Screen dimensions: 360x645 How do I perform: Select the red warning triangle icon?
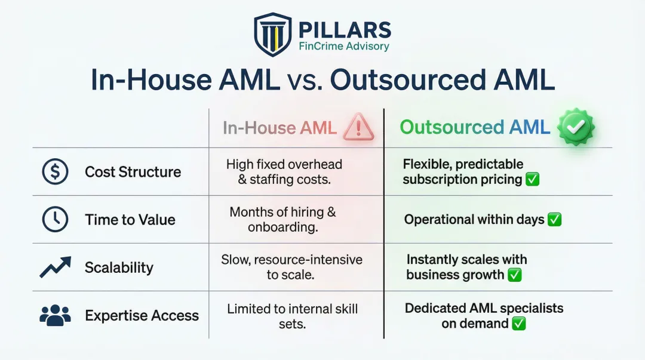[x=358, y=128]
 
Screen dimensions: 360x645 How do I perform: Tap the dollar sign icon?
[x=55, y=172]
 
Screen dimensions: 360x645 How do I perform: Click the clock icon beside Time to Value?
[x=55, y=220]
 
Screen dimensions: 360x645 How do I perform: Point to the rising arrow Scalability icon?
[x=55, y=267]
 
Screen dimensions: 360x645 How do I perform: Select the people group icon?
[x=55, y=315]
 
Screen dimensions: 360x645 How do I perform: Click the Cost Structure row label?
[x=133, y=172]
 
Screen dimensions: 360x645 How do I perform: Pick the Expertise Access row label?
[x=142, y=315]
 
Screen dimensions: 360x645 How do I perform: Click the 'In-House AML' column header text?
[x=279, y=128]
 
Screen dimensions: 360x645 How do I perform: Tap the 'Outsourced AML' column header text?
[x=475, y=127]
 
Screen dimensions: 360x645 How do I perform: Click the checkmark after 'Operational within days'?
[x=555, y=220]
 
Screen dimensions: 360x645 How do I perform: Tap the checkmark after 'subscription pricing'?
[x=533, y=180]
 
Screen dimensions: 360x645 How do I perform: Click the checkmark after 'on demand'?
[x=518, y=324]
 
